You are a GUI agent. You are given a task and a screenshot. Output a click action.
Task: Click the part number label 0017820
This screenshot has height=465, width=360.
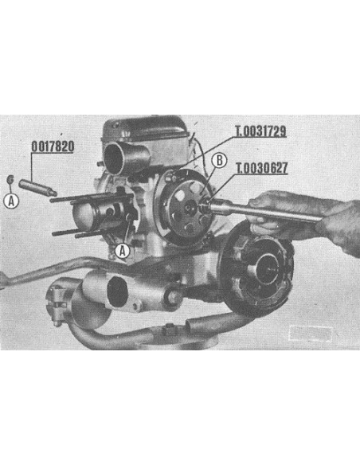(53, 147)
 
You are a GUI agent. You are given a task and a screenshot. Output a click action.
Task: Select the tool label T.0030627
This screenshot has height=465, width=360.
(260, 170)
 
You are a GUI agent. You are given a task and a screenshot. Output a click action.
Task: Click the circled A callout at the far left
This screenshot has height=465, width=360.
(11, 201)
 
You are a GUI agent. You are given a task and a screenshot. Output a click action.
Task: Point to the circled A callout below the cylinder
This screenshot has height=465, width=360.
(122, 251)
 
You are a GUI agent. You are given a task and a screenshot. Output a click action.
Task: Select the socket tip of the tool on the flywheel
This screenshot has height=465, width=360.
(205, 208)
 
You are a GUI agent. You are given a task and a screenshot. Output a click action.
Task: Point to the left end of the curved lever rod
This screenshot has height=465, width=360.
(6, 279)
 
